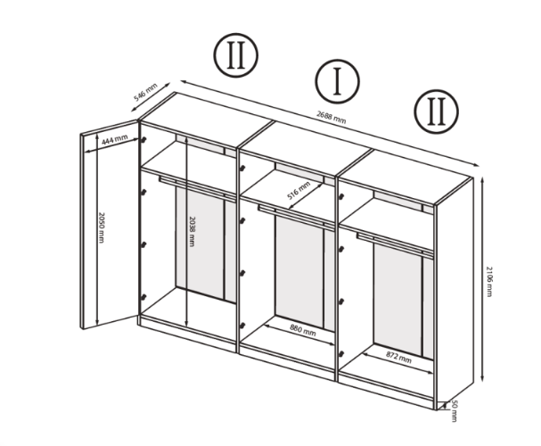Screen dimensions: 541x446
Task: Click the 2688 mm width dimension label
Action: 331,117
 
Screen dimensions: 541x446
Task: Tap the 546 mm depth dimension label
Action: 145,92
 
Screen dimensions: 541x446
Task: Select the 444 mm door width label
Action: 115,139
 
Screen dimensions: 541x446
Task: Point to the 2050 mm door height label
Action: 101,227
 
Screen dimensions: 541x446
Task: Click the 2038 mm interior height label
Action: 192,231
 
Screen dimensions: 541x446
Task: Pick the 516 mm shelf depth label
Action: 299,191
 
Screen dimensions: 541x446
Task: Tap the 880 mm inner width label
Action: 303,330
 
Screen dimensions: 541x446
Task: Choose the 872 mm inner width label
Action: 398,358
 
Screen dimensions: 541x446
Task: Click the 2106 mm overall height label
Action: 489,281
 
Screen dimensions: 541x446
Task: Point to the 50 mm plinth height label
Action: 454,411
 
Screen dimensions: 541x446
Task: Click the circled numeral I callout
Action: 337,81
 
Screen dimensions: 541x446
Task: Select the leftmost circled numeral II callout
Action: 236,55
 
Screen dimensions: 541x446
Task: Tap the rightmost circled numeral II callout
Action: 437,111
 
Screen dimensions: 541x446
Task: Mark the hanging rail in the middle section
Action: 297,218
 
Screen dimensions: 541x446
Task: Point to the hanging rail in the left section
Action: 197,188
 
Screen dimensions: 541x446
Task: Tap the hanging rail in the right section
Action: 395,245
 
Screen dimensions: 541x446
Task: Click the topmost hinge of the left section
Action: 143,140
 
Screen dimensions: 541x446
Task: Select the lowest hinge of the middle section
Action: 242,326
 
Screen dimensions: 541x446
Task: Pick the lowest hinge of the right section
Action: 341,354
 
